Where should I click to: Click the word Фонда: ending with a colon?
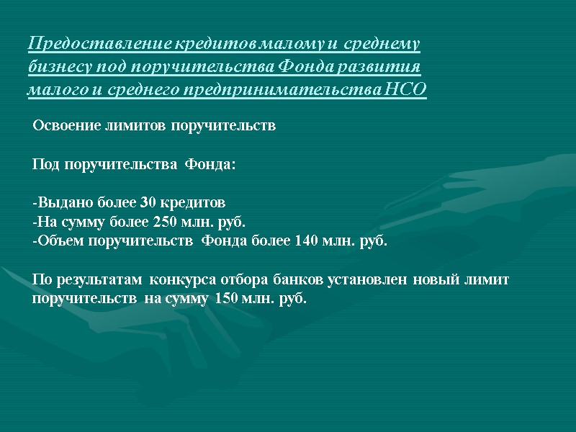click(x=210, y=165)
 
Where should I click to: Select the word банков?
click(x=300, y=279)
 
